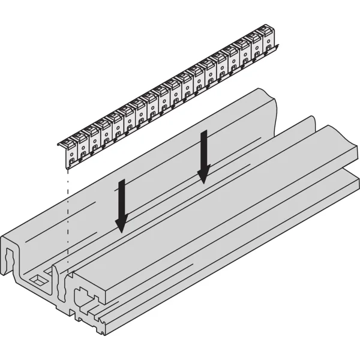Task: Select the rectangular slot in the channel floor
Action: (38, 280)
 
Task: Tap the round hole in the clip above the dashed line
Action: (71, 154)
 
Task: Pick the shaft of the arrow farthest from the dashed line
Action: (204, 150)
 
